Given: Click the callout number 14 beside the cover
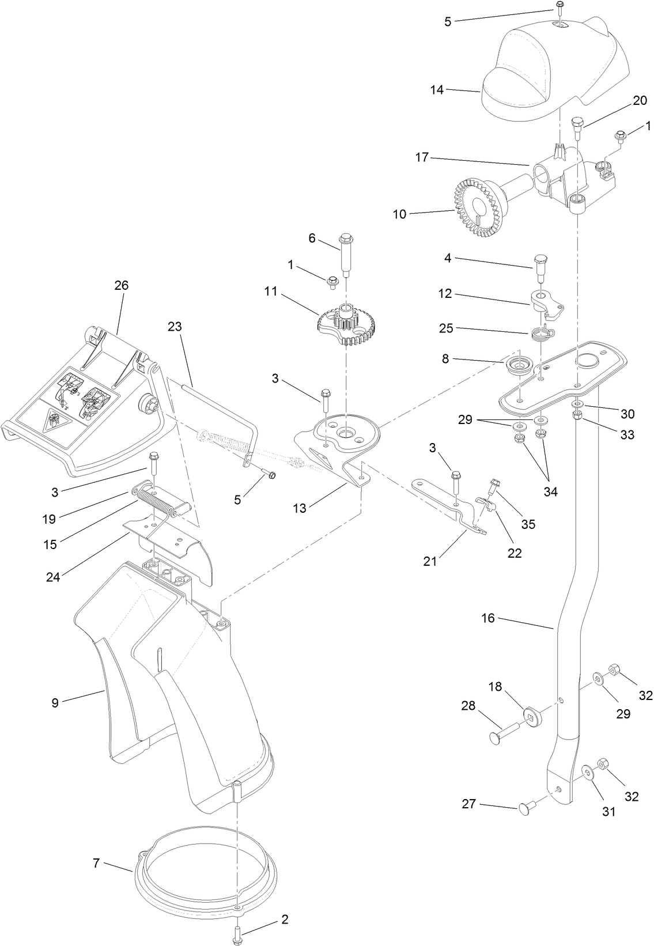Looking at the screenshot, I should (x=437, y=90).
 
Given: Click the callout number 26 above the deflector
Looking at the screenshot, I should (x=122, y=285).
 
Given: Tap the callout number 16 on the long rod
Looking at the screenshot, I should (x=488, y=618).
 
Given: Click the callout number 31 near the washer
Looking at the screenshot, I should (x=609, y=812).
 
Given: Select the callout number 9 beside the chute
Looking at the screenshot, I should (x=55, y=702).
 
